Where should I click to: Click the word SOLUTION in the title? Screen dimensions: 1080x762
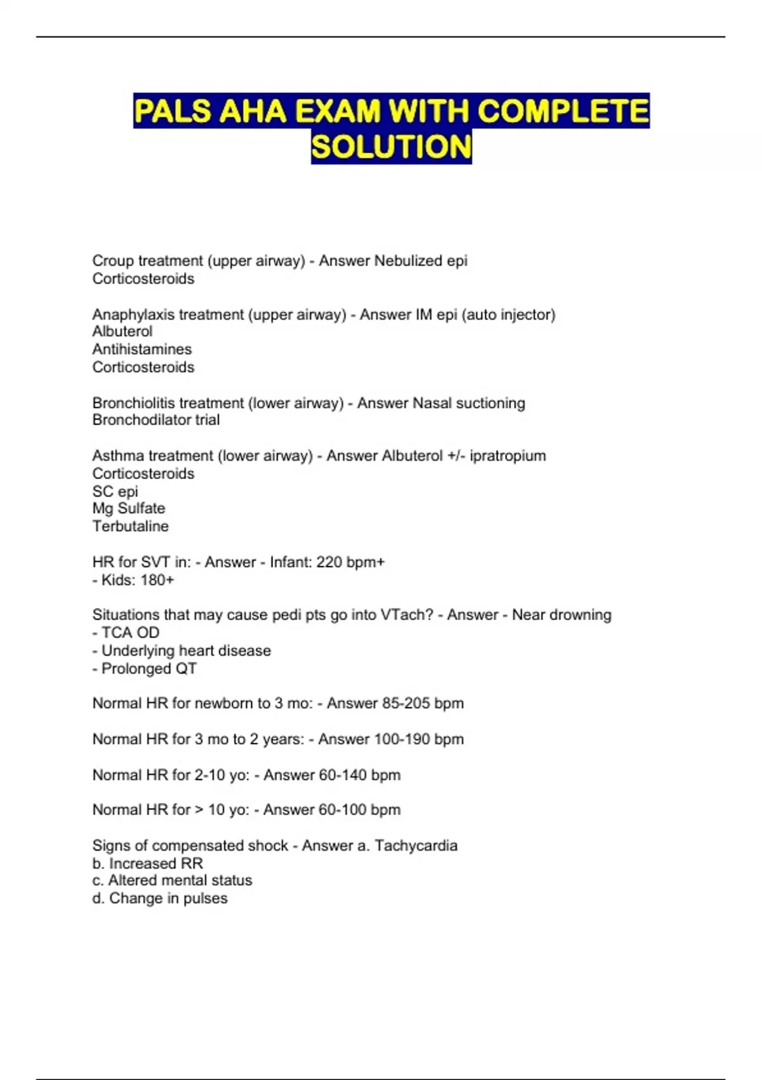(391, 147)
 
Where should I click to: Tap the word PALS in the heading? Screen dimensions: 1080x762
(172, 111)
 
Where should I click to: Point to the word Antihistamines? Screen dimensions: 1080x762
(142, 349)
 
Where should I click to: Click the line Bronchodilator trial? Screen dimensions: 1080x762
(156, 420)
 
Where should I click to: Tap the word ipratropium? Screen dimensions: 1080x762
(507, 456)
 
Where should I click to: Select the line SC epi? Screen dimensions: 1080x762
(115, 491)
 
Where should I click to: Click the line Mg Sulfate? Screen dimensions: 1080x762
(129, 508)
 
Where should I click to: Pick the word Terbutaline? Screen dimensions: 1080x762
(130, 526)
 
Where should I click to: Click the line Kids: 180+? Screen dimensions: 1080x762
(133, 580)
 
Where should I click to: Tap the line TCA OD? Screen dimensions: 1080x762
(126, 633)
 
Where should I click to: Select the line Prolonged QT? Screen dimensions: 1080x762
(145, 668)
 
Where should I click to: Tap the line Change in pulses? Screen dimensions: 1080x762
(160, 898)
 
